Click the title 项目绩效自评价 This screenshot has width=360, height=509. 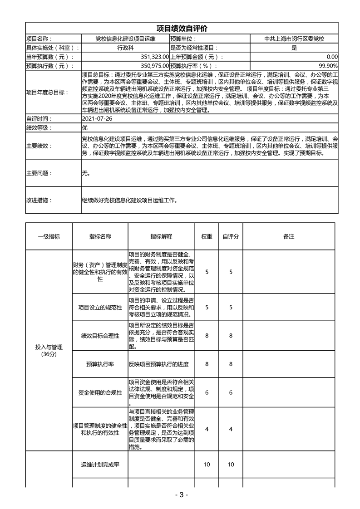[182, 28]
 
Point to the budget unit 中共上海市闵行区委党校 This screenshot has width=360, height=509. [294, 39]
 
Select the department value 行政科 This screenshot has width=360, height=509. [125, 48]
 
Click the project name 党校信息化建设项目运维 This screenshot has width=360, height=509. [125, 39]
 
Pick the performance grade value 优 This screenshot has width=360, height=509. [84, 127]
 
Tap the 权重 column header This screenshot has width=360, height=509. [207, 237]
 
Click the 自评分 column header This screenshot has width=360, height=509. [231, 237]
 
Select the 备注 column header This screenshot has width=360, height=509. [289, 237]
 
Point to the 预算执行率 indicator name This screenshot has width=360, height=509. [100, 364]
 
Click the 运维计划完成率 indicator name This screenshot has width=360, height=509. [100, 465]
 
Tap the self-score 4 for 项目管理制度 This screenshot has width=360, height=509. [231, 429]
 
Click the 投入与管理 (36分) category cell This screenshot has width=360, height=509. [49, 350]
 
